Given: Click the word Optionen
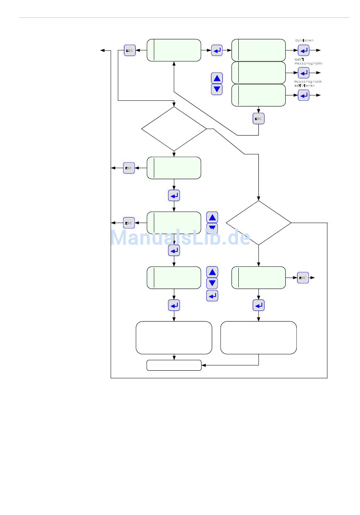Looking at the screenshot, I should point(304,41).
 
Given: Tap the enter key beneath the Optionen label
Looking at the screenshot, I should point(304,50).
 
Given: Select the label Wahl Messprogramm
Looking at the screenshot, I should point(308,61).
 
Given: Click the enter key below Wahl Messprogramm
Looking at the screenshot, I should point(304,73).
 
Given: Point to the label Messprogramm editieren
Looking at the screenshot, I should point(308,84).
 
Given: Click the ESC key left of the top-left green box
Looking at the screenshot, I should point(130,50).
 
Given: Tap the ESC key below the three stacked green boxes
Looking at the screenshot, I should point(258,119).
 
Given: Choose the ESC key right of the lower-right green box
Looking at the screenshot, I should point(303,278).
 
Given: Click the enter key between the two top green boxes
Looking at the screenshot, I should point(217,50).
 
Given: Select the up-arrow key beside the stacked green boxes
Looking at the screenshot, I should point(217,78).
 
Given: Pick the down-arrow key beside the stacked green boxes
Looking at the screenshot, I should point(217,89).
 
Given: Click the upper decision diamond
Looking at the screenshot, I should point(174,129).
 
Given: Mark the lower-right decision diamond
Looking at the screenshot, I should point(258,223).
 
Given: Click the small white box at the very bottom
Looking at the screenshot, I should point(174,365).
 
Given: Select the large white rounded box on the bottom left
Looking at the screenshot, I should point(174,338).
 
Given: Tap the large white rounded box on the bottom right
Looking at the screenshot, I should point(258,338).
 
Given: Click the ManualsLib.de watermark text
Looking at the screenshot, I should point(180,238).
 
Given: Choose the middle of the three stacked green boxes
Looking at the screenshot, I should point(258,73).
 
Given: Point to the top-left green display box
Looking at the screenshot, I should point(174,50).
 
